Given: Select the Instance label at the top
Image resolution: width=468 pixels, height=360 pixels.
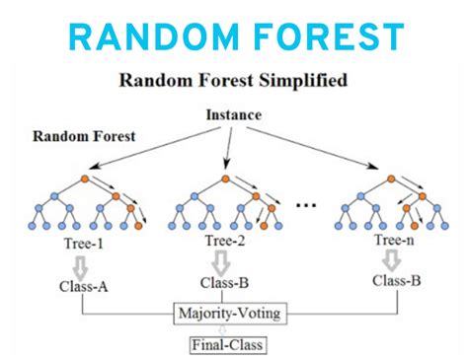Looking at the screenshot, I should click(234, 115).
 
